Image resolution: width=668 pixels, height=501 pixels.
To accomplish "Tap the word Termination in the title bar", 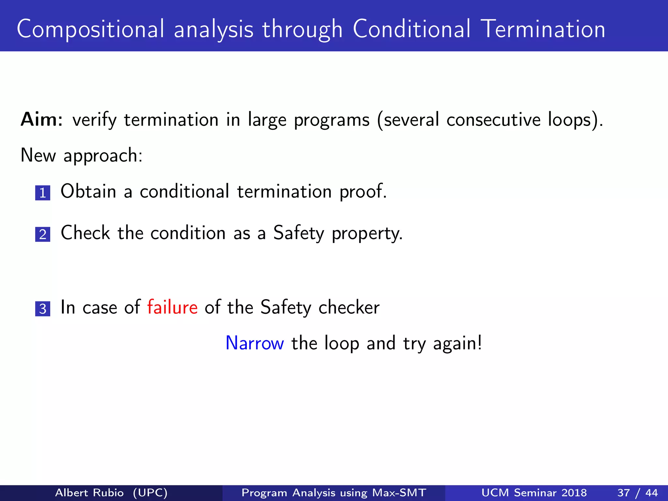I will click(x=543, y=29).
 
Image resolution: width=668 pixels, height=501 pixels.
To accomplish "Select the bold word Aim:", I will click(x=42, y=119).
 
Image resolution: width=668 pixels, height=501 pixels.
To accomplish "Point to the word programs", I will click(x=332, y=120).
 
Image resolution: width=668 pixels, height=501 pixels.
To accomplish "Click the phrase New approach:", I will click(x=82, y=155).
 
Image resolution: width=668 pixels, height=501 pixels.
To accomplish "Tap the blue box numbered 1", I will click(x=43, y=193).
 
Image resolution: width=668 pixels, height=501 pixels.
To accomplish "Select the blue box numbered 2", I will click(x=43, y=235).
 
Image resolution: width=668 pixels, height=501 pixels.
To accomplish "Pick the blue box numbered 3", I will click(x=43, y=309).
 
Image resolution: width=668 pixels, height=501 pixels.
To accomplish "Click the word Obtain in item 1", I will click(x=88, y=191).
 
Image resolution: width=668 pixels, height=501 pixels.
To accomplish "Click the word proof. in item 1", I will click(x=363, y=192).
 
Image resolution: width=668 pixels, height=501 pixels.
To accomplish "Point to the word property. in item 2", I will click(x=367, y=234).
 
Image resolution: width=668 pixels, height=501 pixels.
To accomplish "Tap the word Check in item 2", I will click(x=85, y=233).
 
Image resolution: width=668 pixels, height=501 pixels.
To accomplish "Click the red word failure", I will click(x=172, y=307).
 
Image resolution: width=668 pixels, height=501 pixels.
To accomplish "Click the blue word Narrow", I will click(x=255, y=343).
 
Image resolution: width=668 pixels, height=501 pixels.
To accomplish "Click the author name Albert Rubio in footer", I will click(x=89, y=493).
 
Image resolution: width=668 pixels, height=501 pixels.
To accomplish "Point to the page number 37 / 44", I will click(x=637, y=493).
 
